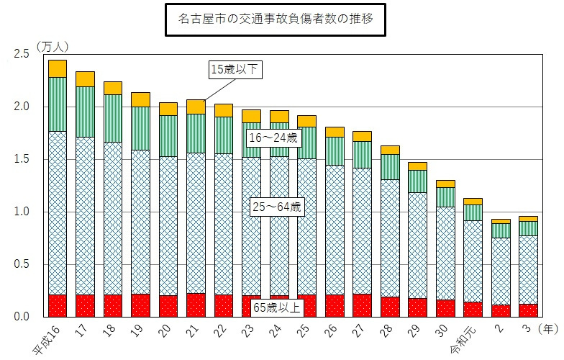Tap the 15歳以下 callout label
(233, 69)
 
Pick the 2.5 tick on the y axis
(22, 54)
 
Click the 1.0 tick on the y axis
(22, 212)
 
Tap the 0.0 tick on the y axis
(22, 317)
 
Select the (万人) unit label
(52, 45)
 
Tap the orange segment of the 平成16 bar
(58, 68)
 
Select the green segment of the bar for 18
(113, 118)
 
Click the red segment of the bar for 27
(363, 305)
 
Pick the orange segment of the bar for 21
(196, 107)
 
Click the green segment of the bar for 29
(418, 181)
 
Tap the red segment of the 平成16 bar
(58, 306)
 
